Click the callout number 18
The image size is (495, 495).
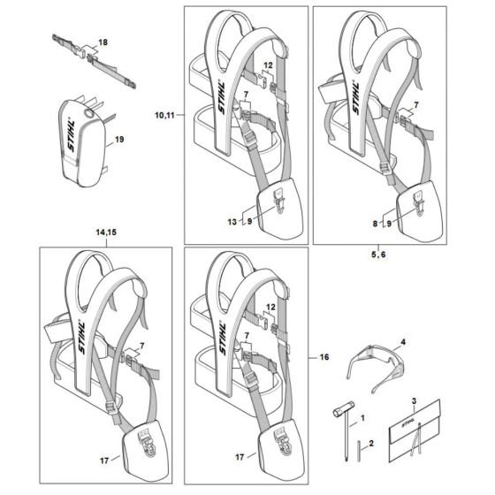(x=103, y=42)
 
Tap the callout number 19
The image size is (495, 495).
(x=119, y=140)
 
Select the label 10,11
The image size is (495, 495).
(x=164, y=115)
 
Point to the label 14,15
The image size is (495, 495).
(x=106, y=232)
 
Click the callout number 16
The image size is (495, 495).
(x=324, y=357)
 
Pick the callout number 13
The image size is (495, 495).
(x=232, y=222)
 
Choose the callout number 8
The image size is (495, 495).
(x=375, y=224)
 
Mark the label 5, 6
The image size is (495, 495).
(x=378, y=255)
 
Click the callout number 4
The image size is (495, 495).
(x=403, y=342)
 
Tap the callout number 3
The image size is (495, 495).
(x=414, y=401)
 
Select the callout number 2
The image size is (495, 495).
(x=371, y=444)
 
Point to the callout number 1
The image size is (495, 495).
(x=362, y=418)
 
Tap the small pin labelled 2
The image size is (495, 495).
(x=359, y=452)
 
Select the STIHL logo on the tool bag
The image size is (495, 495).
(x=410, y=424)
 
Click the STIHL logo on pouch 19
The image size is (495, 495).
(x=71, y=136)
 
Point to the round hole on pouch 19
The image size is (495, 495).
(x=88, y=113)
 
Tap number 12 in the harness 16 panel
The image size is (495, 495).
(x=270, y=307)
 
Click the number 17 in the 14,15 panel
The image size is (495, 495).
(x=104, y=461)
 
